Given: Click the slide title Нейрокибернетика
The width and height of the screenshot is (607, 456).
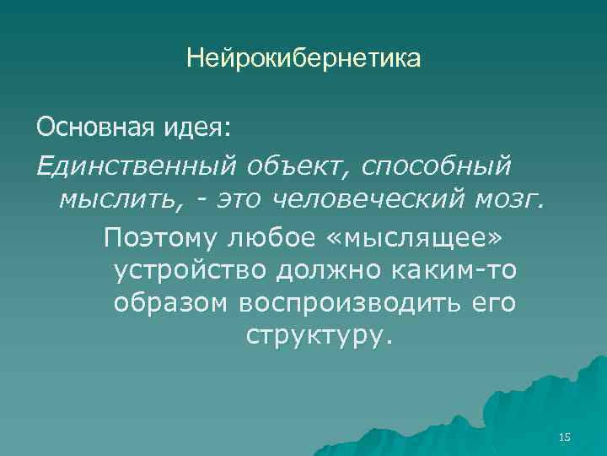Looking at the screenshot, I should [x=303, y=59].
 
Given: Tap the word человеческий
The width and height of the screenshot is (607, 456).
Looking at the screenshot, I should [x=374, y=201].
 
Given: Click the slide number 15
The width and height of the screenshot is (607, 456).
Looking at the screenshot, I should [x=565, y=437].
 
